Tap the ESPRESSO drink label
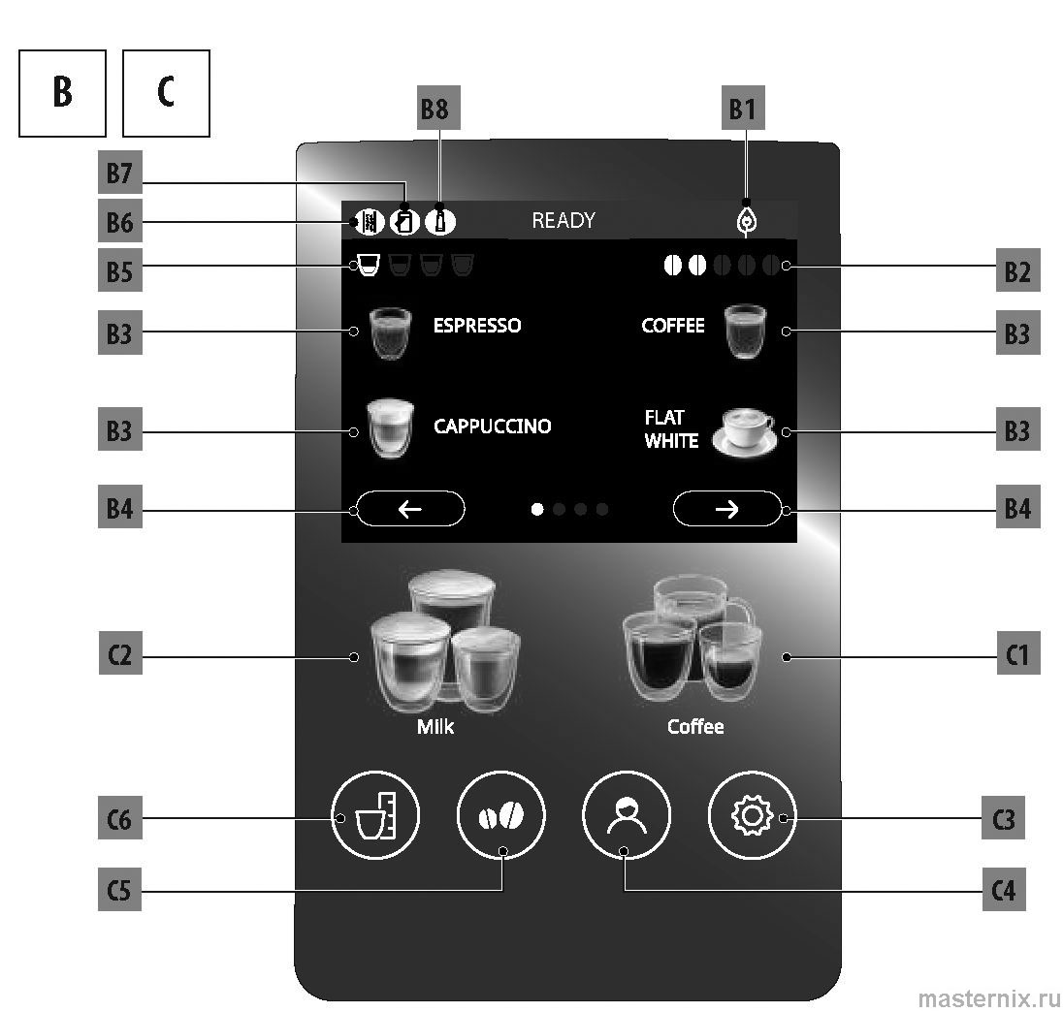point(476,326)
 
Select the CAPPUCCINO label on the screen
point(492,427)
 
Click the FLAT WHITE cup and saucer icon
point(745,430)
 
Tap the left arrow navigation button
point(410,509)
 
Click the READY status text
point(563,221)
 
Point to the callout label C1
point(1015,657)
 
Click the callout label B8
point(434,110)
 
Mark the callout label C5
point(119,890)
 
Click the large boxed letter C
point(166,93)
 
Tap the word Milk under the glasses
point(435,726)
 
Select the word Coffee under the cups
point(695,726)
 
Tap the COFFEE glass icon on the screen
point(745,332)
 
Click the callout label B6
point(119,225)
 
